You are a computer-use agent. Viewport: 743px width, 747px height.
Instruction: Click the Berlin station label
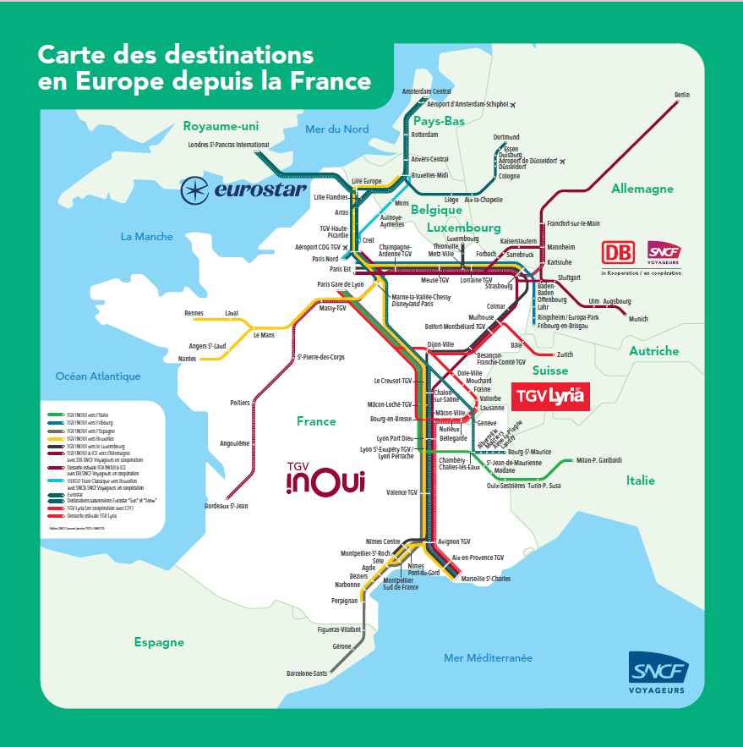pyautogui.click(x=682, y=95)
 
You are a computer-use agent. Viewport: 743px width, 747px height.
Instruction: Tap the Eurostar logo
pyautogui.click(x=244, y=189)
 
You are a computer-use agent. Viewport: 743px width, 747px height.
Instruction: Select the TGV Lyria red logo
pyautogui.click(x=549, y=396)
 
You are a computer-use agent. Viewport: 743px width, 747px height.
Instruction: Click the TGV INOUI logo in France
pyautogui.click(x=325, y=479)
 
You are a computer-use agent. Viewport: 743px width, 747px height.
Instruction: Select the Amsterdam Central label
pyautogui.click(x=427, y=91)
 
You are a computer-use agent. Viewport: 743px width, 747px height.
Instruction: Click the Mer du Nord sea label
pyautogui.click(x=336, y=129)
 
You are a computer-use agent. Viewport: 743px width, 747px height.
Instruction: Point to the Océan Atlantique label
pyautogui.click(x=98, y=376)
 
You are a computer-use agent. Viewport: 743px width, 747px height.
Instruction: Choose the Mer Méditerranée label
pyautogui.click(x=489, y=657)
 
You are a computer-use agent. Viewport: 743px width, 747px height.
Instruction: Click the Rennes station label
pyautogui.click(x=194, y=313)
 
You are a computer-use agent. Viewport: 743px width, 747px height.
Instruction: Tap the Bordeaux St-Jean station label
pyautogui.click(x=226, y=506)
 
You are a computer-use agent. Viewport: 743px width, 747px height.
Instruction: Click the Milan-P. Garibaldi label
pyautogui.click(x=598, y=460)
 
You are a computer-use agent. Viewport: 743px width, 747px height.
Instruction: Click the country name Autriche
pyautogui.click(x=653, y=350)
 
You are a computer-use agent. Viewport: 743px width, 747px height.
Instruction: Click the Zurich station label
pyautogui.click(x=565, y=354)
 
